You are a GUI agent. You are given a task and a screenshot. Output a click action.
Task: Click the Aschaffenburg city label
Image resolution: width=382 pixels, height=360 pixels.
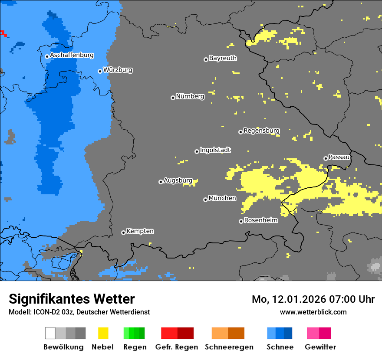[x=72, y=56]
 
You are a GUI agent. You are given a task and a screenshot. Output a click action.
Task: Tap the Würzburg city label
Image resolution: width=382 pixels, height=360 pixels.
[x=118, y=70]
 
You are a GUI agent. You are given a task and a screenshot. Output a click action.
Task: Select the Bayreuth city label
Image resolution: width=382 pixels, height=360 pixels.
[x=223, y=58]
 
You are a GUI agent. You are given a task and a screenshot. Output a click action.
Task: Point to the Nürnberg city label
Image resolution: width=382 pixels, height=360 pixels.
[x=190, y=96]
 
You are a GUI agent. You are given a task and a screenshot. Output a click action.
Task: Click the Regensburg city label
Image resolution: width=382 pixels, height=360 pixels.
[x=261, y=131]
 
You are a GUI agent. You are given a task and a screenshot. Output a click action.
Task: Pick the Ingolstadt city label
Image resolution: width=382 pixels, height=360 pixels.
[x=215, y=150]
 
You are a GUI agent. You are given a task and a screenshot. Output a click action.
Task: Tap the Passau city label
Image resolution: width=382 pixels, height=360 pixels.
[x=339, y=157]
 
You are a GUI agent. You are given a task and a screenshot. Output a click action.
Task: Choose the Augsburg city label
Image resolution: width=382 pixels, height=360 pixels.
[x=178, y=180]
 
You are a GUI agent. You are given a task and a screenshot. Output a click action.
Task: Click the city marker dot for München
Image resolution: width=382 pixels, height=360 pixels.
[x=205, y=200]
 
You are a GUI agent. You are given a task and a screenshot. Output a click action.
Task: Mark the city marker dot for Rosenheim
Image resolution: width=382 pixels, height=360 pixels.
[x=241, y=221]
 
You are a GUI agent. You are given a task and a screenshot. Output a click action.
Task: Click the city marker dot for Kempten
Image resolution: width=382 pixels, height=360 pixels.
[x=123, y=232]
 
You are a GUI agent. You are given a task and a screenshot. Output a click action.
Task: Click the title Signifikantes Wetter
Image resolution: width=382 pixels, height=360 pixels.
[x=72, y=299]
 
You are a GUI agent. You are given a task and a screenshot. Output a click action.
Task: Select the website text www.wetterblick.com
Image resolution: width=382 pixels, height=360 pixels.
[x=313, y=312]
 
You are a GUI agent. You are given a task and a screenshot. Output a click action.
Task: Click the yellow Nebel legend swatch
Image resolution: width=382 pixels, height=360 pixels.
[x=103, y=333]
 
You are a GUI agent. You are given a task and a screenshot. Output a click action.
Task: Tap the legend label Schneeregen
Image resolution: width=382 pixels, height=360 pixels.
[x=228, y=347]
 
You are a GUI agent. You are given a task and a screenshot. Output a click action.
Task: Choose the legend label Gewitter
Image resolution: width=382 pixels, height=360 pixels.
[x=320, y=347]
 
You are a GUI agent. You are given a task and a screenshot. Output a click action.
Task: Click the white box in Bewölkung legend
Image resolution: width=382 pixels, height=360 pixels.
[x=50, y=333]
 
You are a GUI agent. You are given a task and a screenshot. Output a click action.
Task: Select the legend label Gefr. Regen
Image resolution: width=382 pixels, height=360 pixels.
[x=177, y=347]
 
